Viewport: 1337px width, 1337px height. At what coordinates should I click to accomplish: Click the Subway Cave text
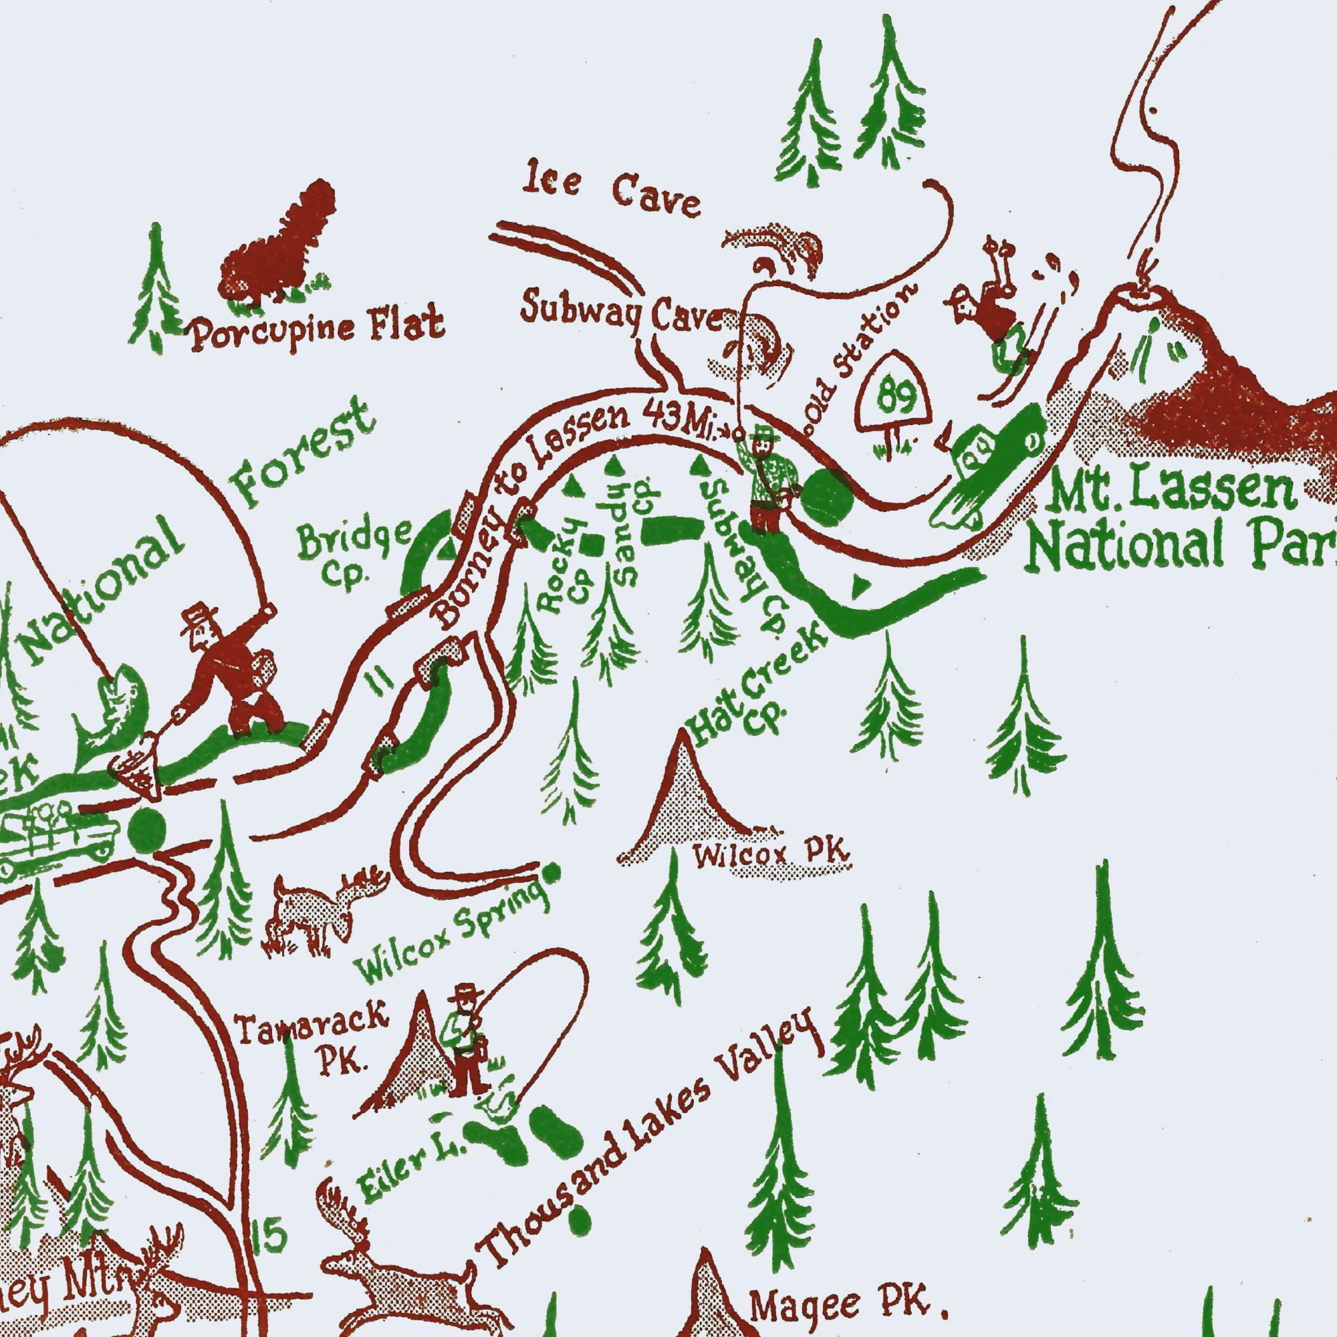622,317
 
